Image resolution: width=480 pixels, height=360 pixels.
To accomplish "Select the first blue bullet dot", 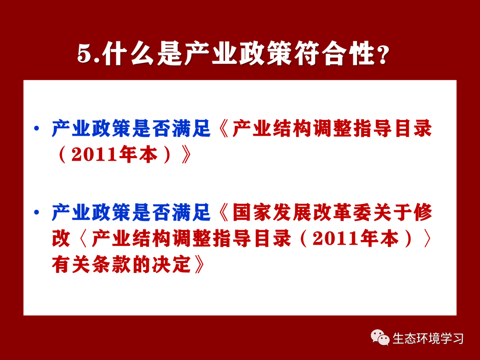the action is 36,128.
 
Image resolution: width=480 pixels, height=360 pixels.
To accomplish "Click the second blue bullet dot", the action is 36,212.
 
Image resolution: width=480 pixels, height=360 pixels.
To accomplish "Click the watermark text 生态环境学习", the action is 428,338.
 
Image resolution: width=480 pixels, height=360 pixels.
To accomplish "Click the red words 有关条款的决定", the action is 121,264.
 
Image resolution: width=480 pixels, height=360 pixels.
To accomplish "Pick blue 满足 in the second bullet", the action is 191,212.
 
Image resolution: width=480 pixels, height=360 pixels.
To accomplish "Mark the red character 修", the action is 423,212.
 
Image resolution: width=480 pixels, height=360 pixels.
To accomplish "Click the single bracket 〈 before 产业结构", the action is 83,238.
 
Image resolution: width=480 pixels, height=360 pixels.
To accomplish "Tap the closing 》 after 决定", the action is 199,264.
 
